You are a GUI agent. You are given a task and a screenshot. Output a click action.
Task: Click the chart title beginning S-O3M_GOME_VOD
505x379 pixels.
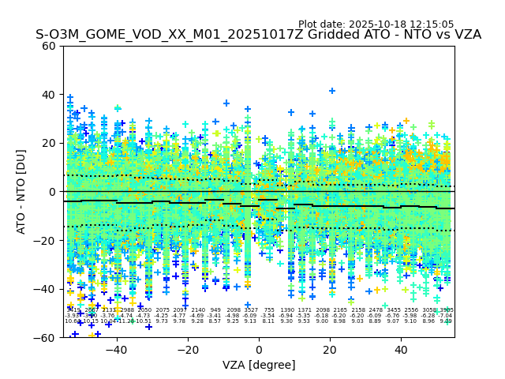click(x=258, y=35)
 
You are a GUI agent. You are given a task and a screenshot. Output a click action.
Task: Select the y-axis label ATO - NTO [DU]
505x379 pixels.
click(x=21, y=192)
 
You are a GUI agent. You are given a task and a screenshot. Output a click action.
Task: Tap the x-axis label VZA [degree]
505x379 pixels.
click(x=258, y=365)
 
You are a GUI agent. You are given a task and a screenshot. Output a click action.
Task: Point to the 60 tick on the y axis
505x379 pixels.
click(x=49, y=46)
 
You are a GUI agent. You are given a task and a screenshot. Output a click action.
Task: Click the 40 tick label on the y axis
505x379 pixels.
click(x=49, y=95)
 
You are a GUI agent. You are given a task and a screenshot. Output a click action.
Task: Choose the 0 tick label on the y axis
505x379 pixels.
click(x=52, y=192)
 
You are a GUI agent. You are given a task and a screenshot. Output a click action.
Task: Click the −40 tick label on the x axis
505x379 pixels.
click(x=116, y=350)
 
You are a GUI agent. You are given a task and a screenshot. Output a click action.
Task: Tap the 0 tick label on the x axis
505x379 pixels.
click(x=259, y=350)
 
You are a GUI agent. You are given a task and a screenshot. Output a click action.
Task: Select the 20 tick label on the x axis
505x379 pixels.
click(x=330, y=350)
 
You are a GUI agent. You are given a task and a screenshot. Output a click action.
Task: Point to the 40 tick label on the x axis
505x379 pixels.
click(x=401, y=350)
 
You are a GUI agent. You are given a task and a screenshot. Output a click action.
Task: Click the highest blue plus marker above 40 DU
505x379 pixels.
click(x=332, y=91)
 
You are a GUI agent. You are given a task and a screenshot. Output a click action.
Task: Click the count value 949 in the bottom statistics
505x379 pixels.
click(x=215, y=310)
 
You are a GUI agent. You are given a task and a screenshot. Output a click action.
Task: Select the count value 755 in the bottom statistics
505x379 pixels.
click(x=269, y=310)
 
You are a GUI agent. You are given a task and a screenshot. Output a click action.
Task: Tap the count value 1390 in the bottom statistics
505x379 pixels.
click(x=287, y=310)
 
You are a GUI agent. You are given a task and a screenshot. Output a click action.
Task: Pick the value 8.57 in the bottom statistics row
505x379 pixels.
click(x=215, y=321)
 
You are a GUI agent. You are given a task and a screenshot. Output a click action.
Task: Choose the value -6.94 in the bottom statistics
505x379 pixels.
click(x=287, y=316)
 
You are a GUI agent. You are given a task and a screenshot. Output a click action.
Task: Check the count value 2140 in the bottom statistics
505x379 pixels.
click(x=198, y=310)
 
